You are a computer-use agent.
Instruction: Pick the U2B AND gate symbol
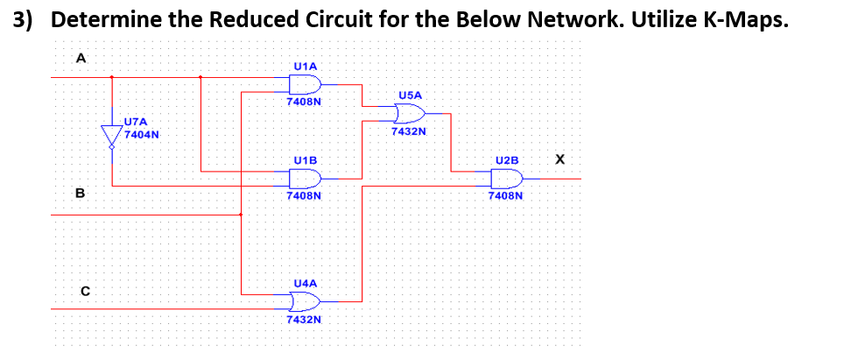click(x=506, y=179)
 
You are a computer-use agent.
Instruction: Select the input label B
click(x=80, y=193)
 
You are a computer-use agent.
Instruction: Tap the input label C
click(x=86, y=291)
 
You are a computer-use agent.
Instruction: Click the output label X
click(x=560, y=159)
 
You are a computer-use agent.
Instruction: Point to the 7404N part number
click(x=141, y=135)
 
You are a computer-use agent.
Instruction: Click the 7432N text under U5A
click(x=409, y=132)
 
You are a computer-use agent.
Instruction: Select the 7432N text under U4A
click(x=304, y=321)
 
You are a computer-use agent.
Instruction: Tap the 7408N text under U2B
click(x=506, y=197)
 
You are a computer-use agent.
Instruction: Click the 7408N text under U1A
click(x=304, y=102)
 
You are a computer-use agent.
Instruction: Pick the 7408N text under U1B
click(x=304, y=197)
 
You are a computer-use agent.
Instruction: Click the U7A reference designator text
click(x=137, y=123)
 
